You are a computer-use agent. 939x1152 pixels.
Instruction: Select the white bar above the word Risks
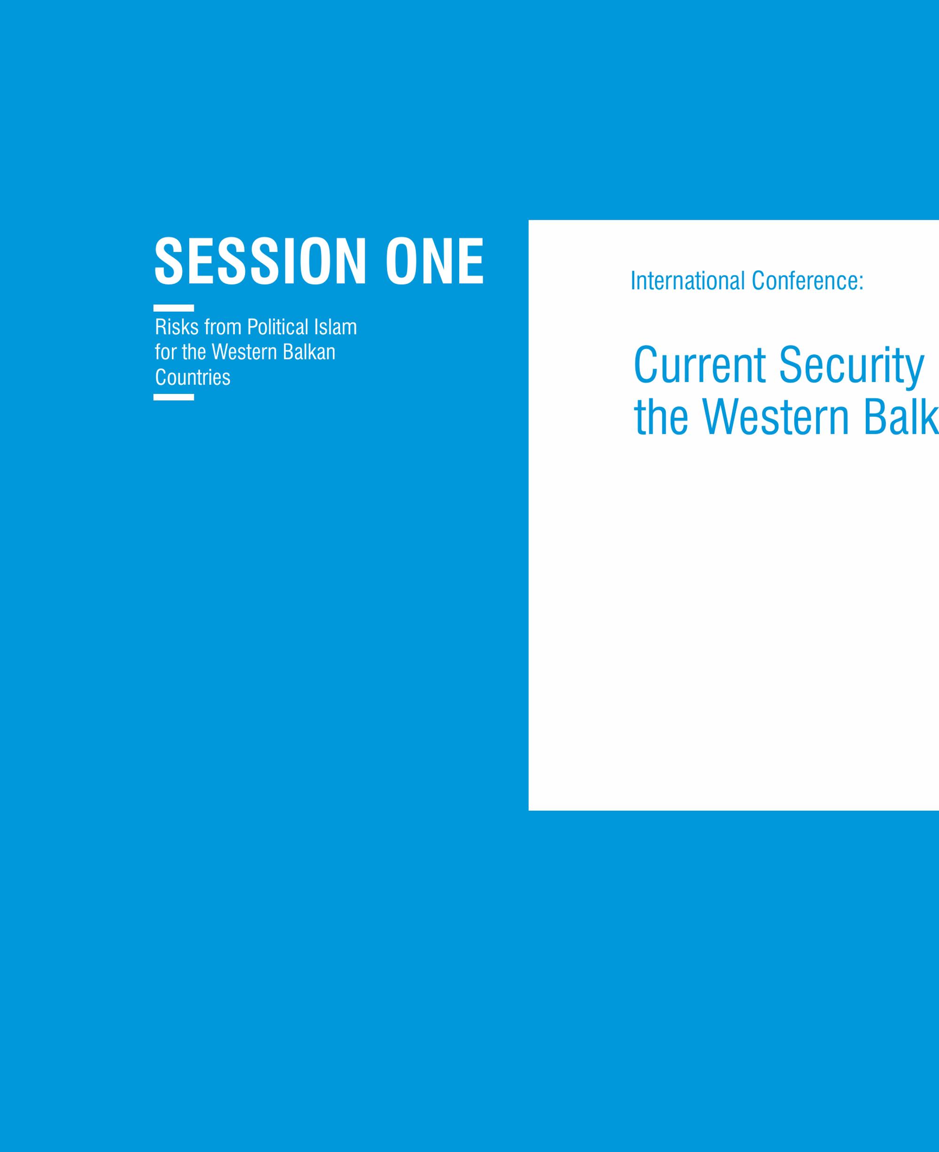pyautogui.click(x=174, y=308)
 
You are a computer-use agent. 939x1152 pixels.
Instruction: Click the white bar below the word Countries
pyautogui.click(x=174, y=397)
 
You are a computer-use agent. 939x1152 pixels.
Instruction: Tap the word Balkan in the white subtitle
pyautogui.click(x=311, y=352)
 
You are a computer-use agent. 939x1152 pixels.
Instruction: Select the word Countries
pyautogui.click(x=192, y=377)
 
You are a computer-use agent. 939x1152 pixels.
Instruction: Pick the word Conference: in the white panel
pyautogui.click(x=808, y=281)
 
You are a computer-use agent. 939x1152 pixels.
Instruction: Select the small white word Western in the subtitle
pyautogui.click(x=246, y=352)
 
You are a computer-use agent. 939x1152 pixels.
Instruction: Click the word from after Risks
pyautogui.click(x=223, y=327)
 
